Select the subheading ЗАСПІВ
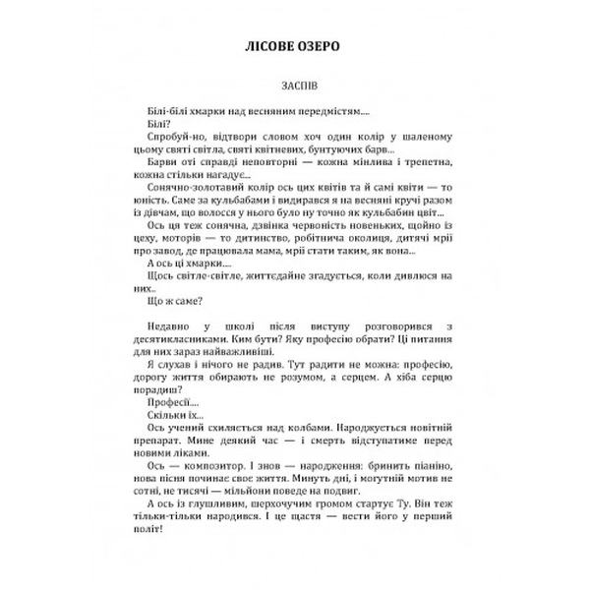295,87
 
